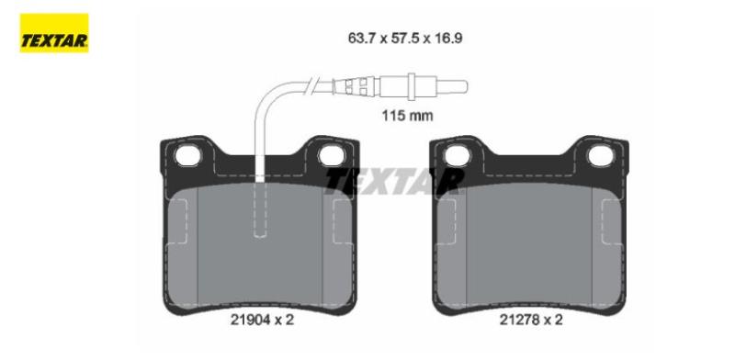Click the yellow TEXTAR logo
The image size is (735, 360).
54,33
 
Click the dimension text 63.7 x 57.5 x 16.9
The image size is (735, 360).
405,38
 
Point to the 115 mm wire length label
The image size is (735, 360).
407,116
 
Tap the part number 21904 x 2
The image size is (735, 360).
262,320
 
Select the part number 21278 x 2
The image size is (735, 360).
531,320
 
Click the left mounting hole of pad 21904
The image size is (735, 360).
187,155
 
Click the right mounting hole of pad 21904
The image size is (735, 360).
332,155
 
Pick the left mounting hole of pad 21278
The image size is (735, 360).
457,155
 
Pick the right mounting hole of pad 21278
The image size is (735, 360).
601,155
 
